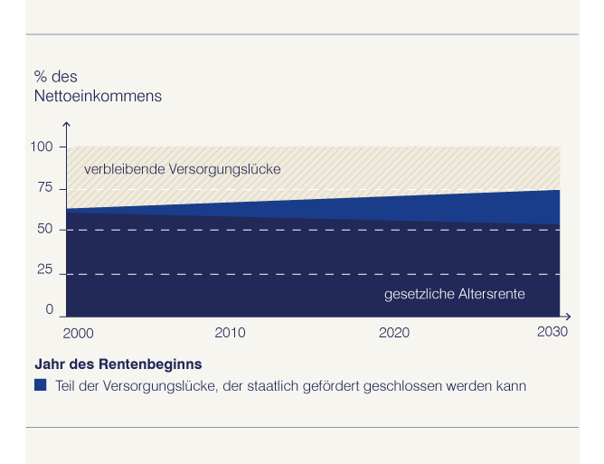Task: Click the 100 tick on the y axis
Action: click(x=42, y=147)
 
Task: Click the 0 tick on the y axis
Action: click(x=50, y=309)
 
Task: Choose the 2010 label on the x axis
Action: click(x=230, y=333)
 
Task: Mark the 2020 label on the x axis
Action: click(x=393, y=333)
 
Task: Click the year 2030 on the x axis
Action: click(x=552, y=332)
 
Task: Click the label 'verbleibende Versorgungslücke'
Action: click(x=183, y=169)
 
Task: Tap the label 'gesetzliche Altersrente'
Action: click(x=455, y=294)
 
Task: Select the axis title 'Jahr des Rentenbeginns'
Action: click(x=118, y=364)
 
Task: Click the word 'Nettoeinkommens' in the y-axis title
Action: click(x=98, y=95)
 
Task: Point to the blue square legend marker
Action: click(x=40, y=384)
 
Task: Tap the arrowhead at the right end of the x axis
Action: click(x=568, y=317)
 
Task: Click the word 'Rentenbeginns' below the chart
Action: click(x=156, y=364)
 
